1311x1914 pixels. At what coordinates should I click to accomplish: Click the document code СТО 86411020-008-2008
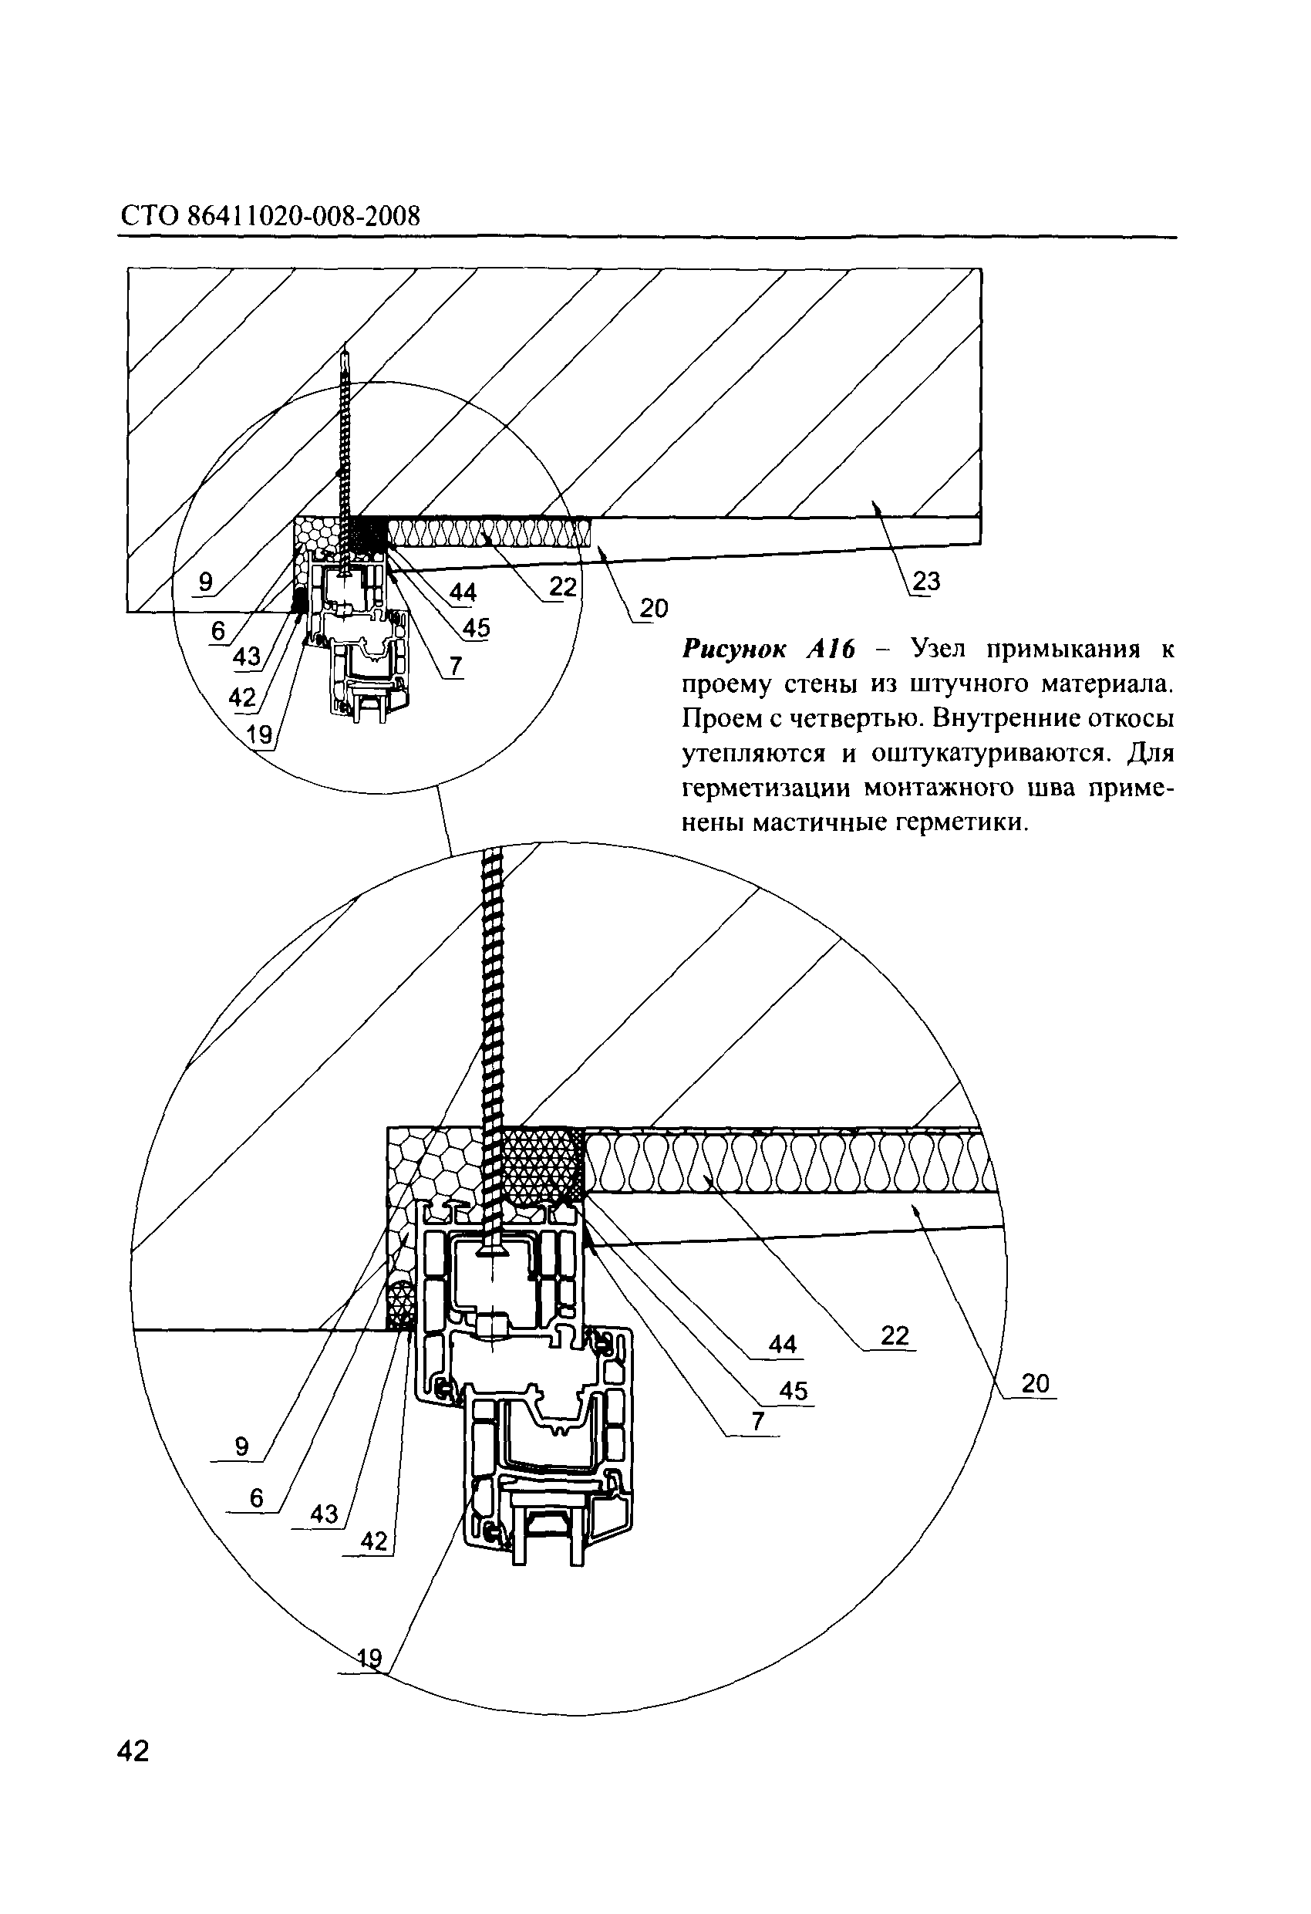click(270, 216)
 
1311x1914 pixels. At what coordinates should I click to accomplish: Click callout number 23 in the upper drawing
click(926, 581)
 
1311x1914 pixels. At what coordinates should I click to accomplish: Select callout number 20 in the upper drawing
click(653, 609)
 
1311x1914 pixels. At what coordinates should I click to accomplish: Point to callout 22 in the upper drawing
click(563, 586)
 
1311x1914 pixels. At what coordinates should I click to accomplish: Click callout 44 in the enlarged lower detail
click(782, 1344)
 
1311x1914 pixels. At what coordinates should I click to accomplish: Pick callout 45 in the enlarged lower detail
click(794, 1390)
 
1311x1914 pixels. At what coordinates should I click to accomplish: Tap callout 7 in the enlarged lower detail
click(757, 1421)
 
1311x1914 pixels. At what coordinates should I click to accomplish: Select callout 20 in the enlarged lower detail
click(1035, 1383)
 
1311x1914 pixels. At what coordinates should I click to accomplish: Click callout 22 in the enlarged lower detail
click(895, 1335)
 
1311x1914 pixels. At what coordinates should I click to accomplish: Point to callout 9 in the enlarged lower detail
click(241, 1446)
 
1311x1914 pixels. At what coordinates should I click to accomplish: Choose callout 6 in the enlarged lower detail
click(256, 1498)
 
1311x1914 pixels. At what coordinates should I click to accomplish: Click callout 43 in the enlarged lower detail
click(324, 1514)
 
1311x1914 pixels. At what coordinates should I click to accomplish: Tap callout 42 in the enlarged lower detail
click(374, 1541)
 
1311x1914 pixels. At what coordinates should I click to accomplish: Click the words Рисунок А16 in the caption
click(768, 650)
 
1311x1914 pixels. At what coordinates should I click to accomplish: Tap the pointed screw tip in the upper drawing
click(347, 346)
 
